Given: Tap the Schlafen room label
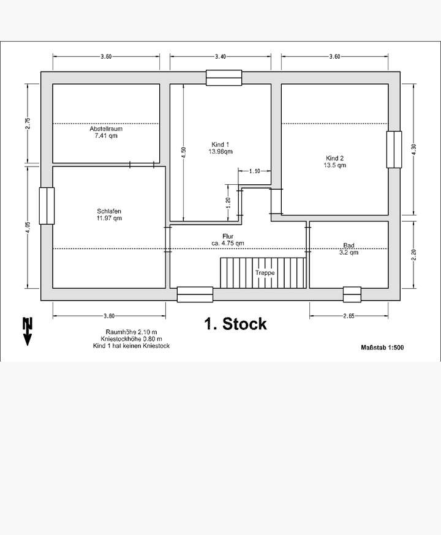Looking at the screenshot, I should tap(109, 211).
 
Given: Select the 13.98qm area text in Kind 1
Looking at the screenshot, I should tap(221, 151).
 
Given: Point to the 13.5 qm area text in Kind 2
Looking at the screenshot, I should tap(335, 165).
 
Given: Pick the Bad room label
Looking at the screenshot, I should tap(349, 245).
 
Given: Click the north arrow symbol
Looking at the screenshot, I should tap(27, 331).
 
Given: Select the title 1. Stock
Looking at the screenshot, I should tap(236, 324).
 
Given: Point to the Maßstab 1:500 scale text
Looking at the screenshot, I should tap(382, 347).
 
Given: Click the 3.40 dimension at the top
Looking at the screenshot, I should tap(221, 57).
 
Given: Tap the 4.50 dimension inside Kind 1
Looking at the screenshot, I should tap(183, 152).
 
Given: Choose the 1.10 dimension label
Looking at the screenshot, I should tap(255, 171).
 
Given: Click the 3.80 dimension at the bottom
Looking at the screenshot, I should tap(108, 316).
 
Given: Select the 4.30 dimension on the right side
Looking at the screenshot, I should tap(413, 149).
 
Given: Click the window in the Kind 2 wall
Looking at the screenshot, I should tap(394, 149).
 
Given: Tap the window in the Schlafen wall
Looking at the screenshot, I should tap(47, 206).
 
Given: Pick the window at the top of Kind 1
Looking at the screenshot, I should tap(224, 78).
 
